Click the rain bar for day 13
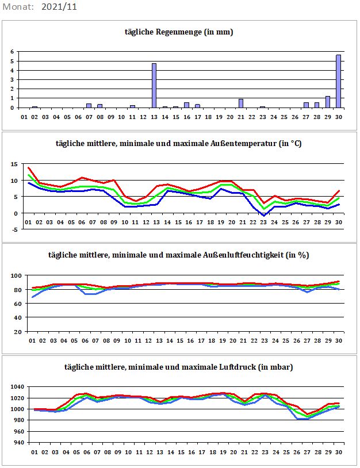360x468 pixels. click(x=154, y=86)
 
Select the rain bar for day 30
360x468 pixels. click(x=338, y=81)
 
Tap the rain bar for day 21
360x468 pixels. click(x=240, y=103)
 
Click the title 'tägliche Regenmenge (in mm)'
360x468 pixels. click(x=179, y=32)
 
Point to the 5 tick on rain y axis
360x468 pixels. click(x=12, y=61)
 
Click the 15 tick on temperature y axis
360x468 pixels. click(x=14, y=164)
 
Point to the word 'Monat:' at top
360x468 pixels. click(x=18, y=7)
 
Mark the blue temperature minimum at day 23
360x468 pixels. click(x=263, y=216)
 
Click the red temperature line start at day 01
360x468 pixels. click(x=28, y=168)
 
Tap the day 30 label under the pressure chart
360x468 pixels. click(x=339, y=452)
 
